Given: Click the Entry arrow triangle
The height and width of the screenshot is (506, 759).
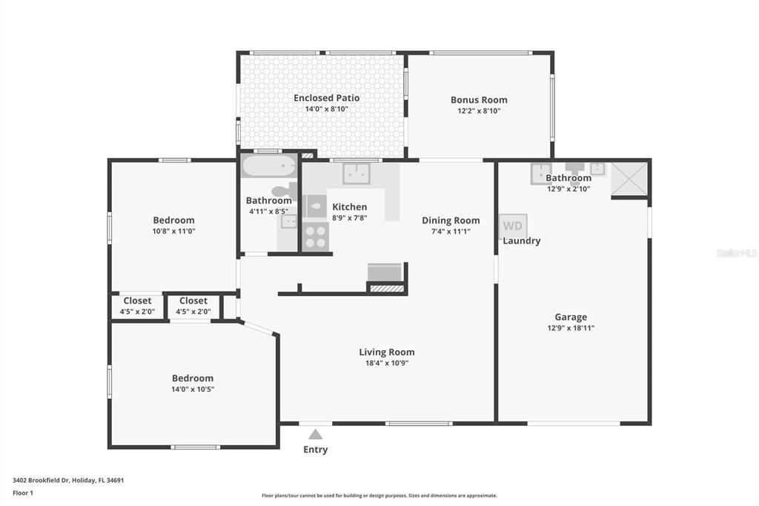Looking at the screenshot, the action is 316,434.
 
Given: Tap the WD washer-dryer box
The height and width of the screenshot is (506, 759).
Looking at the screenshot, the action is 513,226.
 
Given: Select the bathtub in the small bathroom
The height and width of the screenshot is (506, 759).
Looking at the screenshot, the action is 268,166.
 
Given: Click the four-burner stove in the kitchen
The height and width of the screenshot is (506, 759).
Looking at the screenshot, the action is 316,237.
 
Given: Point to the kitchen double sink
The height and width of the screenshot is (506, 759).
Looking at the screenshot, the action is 357,174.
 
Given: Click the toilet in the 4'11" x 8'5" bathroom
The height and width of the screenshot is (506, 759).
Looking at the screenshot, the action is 285,191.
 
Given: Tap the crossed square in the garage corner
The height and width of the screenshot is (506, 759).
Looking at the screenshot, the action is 629,179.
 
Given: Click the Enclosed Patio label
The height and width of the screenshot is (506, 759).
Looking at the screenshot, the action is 327,98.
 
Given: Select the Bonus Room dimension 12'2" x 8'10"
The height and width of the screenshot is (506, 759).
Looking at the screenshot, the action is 480,111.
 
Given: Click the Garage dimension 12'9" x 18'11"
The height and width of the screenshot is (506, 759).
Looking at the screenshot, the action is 571,328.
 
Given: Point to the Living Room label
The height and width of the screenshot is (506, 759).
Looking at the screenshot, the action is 387,352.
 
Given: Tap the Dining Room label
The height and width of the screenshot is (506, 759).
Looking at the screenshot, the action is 451,220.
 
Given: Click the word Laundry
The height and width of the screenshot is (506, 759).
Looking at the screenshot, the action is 521,241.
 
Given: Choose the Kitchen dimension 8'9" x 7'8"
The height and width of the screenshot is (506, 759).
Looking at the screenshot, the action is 350,218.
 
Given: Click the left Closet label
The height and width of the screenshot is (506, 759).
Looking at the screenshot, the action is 137,301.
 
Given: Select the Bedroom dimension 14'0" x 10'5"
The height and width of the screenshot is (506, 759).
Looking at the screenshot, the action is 193,390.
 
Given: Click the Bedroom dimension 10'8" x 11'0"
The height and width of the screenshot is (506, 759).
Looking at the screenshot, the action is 173,231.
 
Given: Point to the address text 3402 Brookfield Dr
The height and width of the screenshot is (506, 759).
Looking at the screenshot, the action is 42,480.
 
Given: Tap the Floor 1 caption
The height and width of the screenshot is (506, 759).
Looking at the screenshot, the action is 23,493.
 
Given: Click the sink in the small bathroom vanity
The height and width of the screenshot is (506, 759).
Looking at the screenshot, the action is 289,222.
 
